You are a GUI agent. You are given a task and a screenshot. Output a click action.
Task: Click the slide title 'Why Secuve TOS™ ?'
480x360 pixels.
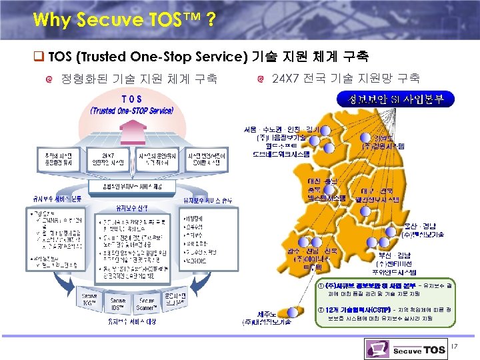point(123,18)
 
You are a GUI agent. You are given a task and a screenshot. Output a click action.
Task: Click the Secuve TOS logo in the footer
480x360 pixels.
point(405,349)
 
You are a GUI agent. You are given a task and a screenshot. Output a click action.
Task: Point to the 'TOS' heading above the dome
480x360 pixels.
point(132,99)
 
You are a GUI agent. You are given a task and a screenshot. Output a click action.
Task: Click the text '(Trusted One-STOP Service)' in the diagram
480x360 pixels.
point(132,110)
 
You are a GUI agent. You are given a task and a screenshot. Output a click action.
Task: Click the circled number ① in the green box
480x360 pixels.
point(320,285)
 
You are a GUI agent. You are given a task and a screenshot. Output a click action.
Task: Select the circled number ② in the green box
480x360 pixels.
point(320,310)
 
